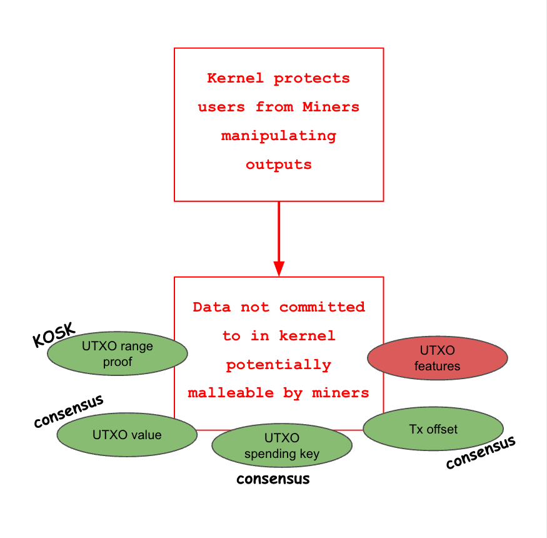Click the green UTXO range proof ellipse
118,354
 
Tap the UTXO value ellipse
127,435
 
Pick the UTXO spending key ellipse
281,446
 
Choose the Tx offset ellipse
433,429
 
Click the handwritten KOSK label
54,335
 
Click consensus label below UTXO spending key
273,479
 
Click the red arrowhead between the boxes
279,266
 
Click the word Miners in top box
331,107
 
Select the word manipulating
278,136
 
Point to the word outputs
278,165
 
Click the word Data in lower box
212,307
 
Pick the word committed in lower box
322,307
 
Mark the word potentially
278,365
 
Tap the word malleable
231,393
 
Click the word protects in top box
312,79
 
